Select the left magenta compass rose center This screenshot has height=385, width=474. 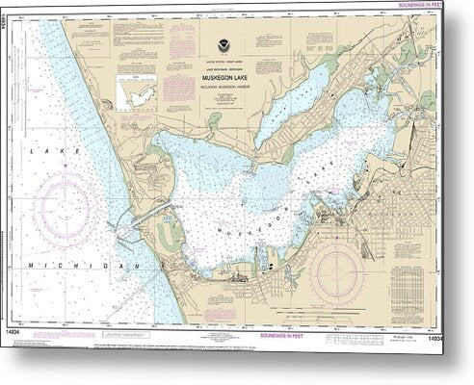pos(67,207)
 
